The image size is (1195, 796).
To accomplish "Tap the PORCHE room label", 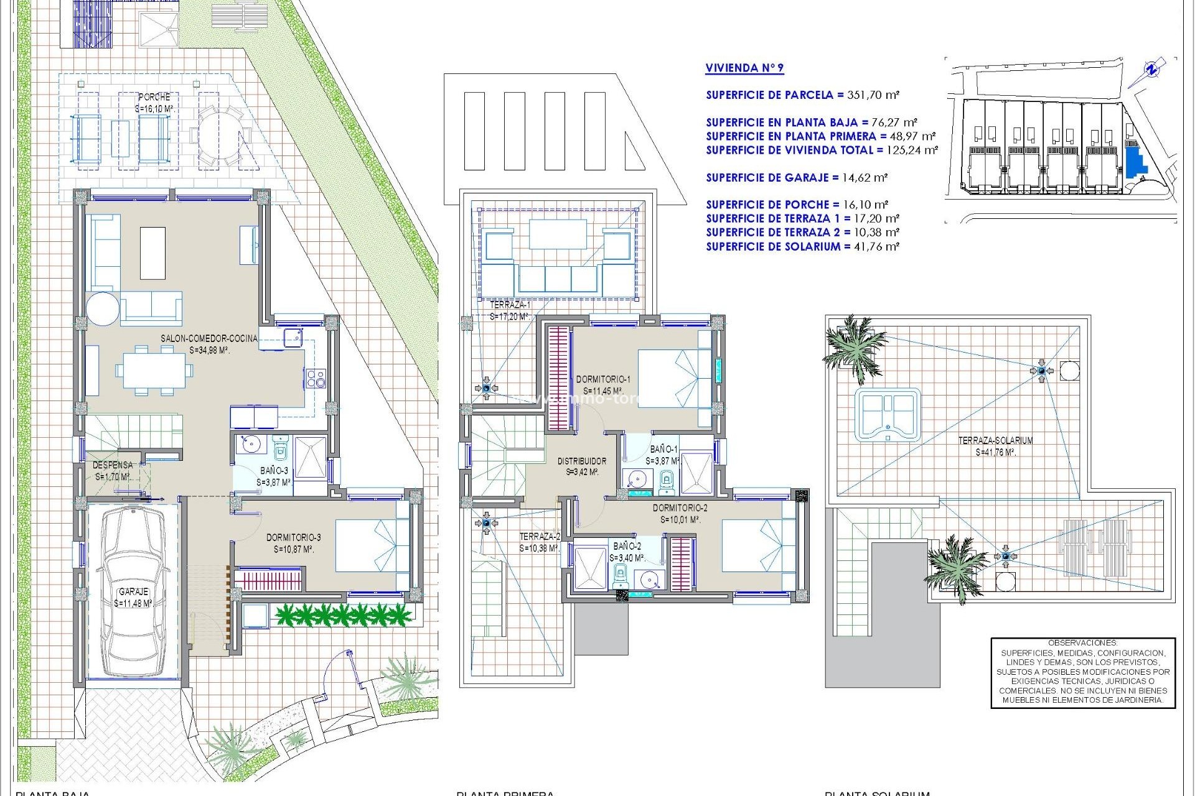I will [154, 97].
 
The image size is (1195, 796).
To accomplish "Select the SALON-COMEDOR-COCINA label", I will [209, 338].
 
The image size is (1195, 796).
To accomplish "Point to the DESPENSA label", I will [113, 465].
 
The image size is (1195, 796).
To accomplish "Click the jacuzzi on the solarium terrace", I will [887, 414].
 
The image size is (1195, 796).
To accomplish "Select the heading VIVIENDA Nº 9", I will [744, 68].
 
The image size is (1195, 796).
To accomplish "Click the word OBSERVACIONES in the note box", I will [1082, 643].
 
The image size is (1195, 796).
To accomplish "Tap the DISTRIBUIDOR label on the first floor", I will [581, 461].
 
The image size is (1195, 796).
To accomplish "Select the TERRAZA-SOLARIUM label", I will [995, 440].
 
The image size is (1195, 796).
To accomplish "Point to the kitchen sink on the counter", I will [293, 338].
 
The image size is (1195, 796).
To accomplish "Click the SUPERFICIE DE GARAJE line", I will [796, 178].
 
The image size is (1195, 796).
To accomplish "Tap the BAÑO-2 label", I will [627, 546].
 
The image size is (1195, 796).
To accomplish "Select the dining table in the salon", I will [154, 371].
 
